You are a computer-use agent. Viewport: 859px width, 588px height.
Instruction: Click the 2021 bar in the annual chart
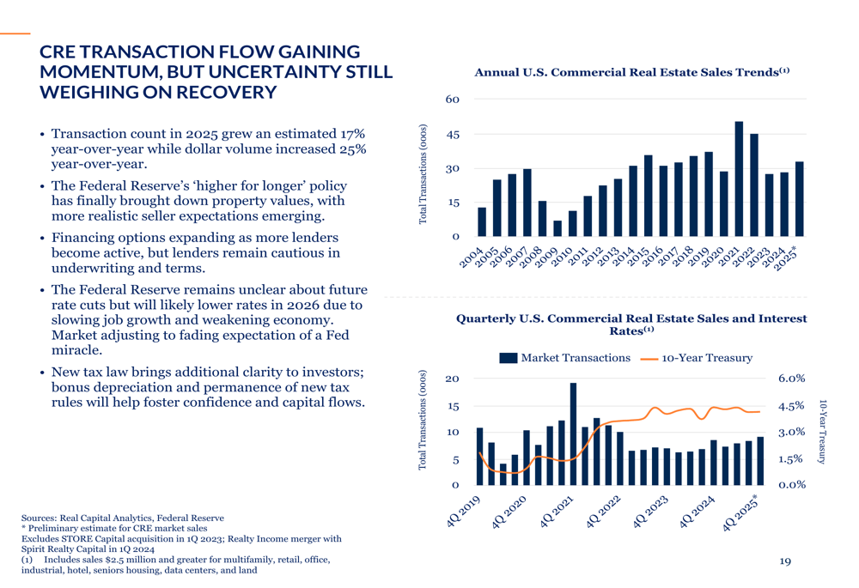tap(739, 179)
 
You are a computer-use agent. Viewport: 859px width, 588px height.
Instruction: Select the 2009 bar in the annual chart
tap(557, 228)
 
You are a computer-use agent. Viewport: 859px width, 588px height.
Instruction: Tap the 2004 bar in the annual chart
tap(482, 221)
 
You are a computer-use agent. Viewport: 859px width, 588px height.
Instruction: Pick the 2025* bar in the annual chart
tap(799, 199)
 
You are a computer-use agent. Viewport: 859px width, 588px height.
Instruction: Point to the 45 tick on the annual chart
tap(453, 134)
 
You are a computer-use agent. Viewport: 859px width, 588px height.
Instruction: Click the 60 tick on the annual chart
tap(453, 99)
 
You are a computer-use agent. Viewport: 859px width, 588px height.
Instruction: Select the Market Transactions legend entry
tap(565, 357)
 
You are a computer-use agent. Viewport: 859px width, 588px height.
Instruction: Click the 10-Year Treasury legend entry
tap(697, 358)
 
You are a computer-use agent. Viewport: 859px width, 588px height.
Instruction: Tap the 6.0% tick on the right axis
tap(792, 379)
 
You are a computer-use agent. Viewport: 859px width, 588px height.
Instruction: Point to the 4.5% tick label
tap(792, 406)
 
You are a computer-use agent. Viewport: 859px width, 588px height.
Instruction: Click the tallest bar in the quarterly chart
tap(573, 433)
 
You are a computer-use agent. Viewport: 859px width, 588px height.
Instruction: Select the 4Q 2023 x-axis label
tap(650, 512)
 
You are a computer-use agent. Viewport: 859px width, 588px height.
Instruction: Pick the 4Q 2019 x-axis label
tap(464, 512)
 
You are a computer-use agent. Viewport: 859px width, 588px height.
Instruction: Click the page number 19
tap(785, 561)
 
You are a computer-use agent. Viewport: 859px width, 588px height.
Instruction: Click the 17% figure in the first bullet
tap(352, 134)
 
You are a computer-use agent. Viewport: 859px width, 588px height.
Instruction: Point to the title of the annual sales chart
tap(631, 72)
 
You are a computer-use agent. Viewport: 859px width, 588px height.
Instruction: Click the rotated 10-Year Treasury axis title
tap(822, 432)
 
